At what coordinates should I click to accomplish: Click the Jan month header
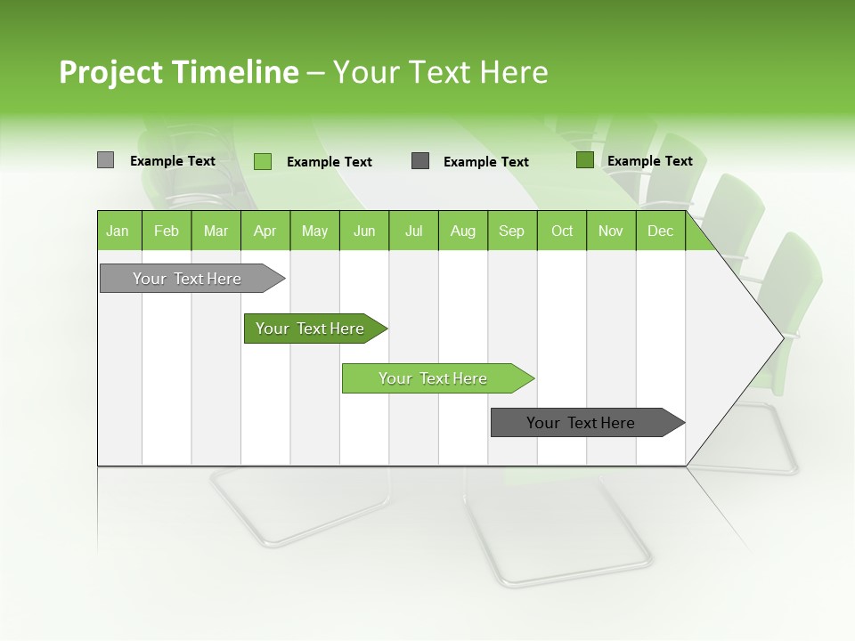pyautogui.click(x=118, y=231)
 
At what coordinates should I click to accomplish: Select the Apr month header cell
pyautogui.click(x=265, y=231)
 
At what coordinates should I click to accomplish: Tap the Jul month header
pyautogui.click(x=413, y=231)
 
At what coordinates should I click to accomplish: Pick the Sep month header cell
pyautogui.click(x=511, y=231)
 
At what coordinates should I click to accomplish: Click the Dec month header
pyautogui.click(x=660, y=231)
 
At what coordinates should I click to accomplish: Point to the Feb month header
pyautogui.click(x=167, y=231)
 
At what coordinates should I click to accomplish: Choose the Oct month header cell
pyautogui.click(x=562, y=231)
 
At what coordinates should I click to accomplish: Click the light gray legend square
pyautogui.click(x=105, y=160)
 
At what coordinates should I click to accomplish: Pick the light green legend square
pyautogui.click(x=262, y=161)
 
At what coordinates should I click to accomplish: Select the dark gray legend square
pyautogui.click(x=420, y=160)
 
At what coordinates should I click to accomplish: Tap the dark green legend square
pyautogui.click(x=584, y=160)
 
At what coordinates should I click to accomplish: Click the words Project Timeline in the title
pyautogui.click(x=178, y=72)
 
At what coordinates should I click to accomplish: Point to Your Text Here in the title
pyautogui.click(x=440, y=72)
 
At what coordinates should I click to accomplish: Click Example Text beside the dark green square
pyautogui.click(x=649, y=161)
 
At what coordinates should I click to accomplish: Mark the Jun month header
pyautogui.click(x=364, y=231)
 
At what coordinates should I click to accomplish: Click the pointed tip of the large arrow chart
pyautogui.click(x=779, y=337)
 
